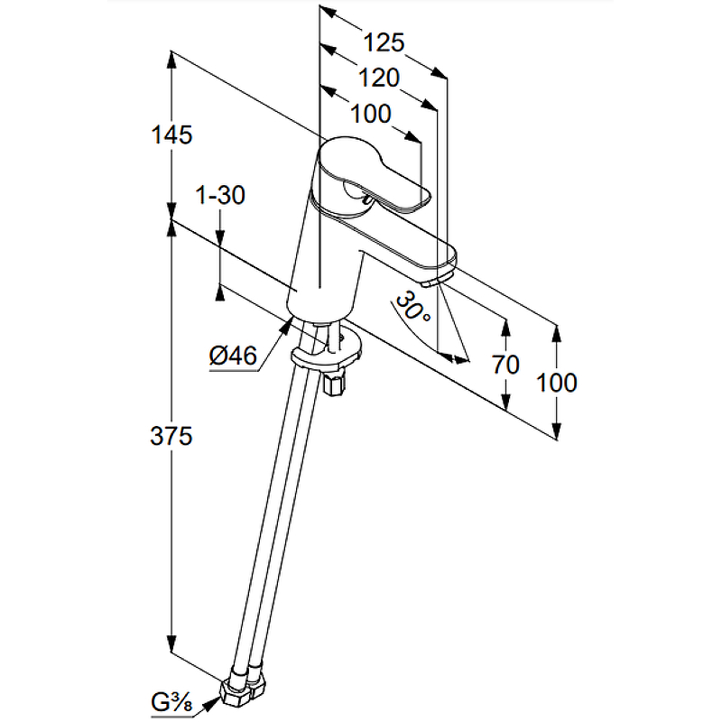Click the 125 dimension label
tap(384, 42)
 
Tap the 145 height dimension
tap(172, 135)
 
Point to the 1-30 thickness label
tap(220, 195)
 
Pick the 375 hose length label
tap(172, 437)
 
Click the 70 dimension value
tap(506, 365)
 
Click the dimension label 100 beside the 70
tap(556, 382)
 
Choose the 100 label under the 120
tap(370, 115)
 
